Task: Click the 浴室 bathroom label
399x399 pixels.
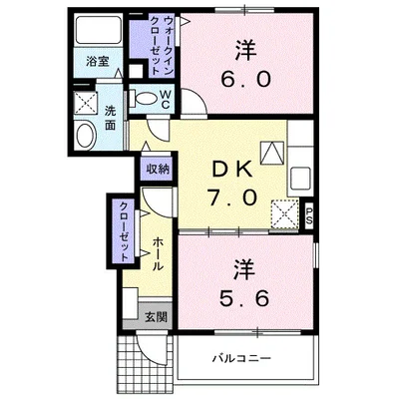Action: tap(98, 62)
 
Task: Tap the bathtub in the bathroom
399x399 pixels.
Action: tap(98, 30)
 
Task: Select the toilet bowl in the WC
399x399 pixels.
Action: tap(145, 99)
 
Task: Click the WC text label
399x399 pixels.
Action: tap(166, 100)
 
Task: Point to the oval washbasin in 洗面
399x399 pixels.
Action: tap(86, 135)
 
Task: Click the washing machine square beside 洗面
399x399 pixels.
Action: tap(86, 103)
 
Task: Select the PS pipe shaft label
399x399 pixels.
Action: tap(309, 215)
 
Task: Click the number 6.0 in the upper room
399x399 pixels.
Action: tap(246, 80)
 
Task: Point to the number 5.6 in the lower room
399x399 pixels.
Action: tap(244, 298)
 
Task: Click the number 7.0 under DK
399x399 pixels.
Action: tap(232, 198)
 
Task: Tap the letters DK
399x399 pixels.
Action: tap(232, 171)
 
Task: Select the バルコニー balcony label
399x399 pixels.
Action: tap(242, 358)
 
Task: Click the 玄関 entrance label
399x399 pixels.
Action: tap(156, 317)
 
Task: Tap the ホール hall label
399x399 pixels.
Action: tap(158, 254)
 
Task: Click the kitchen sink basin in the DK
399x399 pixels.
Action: tap(301, 177)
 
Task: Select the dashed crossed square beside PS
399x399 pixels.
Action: tap(284, 213)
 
